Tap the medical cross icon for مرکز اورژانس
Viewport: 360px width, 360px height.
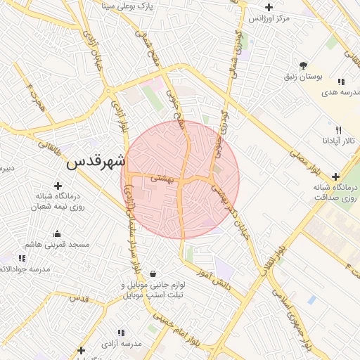click(x=269, y=8)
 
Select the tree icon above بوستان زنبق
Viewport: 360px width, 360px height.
click(x=303, y=65)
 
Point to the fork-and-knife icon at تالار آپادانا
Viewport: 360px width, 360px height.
click(x=338, y=130)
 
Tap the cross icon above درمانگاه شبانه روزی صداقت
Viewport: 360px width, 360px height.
click(x=336, y=176)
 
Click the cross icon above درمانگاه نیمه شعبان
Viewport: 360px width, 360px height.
click(x=58, y=186)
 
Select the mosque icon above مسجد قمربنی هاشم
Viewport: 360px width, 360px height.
click(x=57, y=234)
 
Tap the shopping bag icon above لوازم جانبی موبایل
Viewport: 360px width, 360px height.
click(x=153, y=274)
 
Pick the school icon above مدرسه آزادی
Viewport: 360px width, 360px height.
click(x=121, y=332)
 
